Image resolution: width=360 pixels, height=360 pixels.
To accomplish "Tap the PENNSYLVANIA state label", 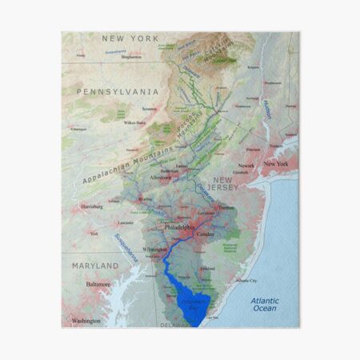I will click(x=118, y=92).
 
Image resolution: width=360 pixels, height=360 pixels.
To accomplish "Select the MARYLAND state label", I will click(x=96, y=266).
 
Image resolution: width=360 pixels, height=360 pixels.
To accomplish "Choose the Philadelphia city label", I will click(x=179, y=227).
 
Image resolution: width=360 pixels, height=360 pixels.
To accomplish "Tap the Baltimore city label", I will click(x=98, y=283).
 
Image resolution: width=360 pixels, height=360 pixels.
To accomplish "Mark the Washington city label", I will click(x=86, y=321).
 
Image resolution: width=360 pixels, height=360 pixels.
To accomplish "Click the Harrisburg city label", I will click(x=92, y=206).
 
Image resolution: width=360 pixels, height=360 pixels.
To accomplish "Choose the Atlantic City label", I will click(x=246, y=281).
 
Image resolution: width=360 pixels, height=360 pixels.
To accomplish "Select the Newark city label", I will click(x=247, y=166).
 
